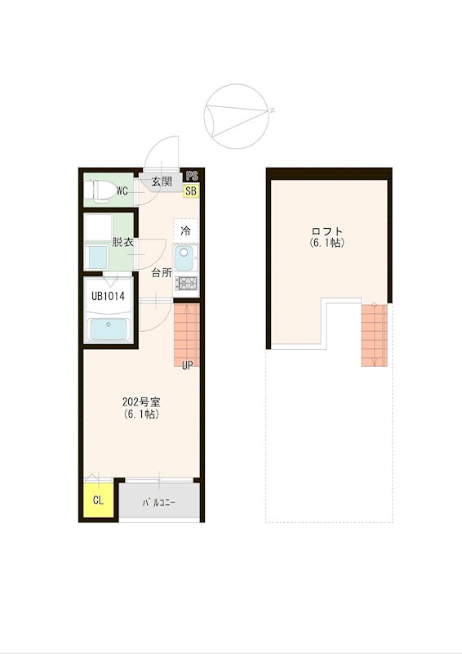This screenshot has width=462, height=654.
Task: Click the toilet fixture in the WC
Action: (x=100, y=191)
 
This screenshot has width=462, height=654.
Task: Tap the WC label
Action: (x=122, y=191)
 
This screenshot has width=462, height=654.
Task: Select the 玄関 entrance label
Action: (x=162, y=181)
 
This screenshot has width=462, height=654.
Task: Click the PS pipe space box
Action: (x=192, y=176)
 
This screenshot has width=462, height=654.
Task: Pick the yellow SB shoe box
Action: (x=191, y=191)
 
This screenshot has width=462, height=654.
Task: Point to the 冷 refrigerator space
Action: (x=186, y=231)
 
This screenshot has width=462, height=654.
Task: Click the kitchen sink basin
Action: (x=184, y=258)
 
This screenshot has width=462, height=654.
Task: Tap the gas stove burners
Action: (x=186, y=283)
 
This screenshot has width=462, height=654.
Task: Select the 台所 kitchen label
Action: (x=162, y=273)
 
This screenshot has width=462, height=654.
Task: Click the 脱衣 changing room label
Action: (x=122, y=242)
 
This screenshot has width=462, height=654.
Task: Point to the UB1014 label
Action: (x=108, y=296)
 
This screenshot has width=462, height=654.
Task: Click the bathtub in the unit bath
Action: (x=109, y=329)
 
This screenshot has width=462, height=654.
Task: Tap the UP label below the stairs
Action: (x=188, y=365)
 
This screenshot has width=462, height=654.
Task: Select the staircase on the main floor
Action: (x=186, y=335)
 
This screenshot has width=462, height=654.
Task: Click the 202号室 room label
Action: (x=142, y=402)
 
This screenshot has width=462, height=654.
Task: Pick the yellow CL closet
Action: (x=98, y=500)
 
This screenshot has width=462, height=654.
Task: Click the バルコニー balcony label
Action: (x=158, y=503)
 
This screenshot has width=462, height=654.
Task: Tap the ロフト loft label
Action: (x=327, y=231)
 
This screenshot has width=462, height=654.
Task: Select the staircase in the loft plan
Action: (x=374, y=335)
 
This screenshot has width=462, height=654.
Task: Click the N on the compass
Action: (x=272, y=110)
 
